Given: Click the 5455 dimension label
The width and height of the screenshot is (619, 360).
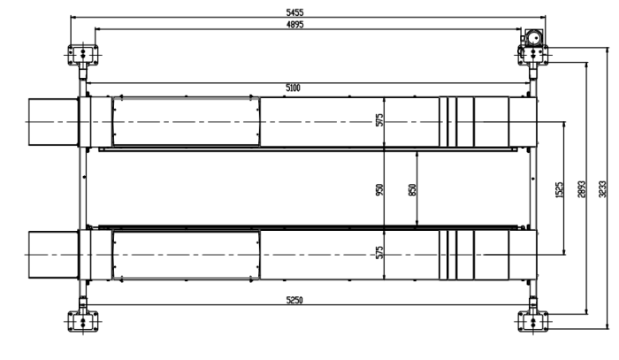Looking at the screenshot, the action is (294, 12).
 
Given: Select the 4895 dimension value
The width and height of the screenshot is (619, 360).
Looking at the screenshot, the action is (294, 25).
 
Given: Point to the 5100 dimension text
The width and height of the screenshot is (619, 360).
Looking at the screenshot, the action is (293, 88).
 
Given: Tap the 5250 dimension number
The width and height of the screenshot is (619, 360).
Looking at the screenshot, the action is (294, 300).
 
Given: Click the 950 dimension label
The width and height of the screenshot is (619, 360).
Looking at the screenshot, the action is (379, 190).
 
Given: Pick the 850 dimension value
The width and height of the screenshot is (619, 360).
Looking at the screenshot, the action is (412, 190).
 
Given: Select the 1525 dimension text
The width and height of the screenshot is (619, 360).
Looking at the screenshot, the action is (559, 190).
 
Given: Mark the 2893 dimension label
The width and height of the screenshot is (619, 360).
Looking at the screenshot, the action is (582, 189).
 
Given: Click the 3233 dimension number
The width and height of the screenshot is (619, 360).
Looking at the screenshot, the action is (602, 189).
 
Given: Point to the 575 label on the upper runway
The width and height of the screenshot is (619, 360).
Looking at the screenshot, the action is (379, 120).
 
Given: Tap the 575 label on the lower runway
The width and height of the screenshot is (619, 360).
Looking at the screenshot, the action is (379, 253).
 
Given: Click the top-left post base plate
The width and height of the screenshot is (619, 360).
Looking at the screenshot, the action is (83, 54).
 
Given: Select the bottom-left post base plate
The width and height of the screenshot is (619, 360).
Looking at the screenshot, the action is (83, 321).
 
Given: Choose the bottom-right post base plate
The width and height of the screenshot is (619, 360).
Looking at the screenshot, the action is (533, 321).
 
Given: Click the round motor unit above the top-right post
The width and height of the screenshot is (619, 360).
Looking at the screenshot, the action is (534, 38).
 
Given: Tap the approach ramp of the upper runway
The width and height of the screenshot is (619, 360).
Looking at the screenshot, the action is (53, 122).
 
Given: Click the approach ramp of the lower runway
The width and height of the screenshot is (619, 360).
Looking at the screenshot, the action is (53, 255).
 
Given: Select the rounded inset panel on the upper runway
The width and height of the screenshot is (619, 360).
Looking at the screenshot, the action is (186, 121).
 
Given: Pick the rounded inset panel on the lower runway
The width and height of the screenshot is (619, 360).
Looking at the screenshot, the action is (186, 255).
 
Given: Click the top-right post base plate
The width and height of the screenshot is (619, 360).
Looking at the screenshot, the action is (533, 55).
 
